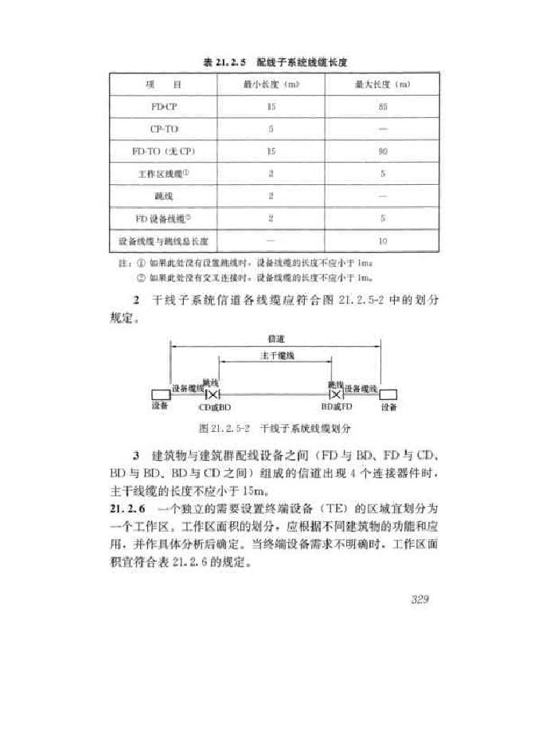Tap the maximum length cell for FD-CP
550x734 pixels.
tap(383, 105)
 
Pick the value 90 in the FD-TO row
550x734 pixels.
tap(383, 150)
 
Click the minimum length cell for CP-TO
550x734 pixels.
tap(271, 128)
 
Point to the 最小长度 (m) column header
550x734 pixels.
tap(271, 83)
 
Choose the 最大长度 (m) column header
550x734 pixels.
tap(383, 83)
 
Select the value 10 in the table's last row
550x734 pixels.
tap(383, 239)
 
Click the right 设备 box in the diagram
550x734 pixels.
tap(388, 394)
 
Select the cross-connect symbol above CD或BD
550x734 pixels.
tap(213, 394)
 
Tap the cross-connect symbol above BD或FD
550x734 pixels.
tap(336, 394)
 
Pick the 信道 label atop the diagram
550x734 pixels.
tap(276, 338)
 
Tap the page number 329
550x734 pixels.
tap(420, 599)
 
